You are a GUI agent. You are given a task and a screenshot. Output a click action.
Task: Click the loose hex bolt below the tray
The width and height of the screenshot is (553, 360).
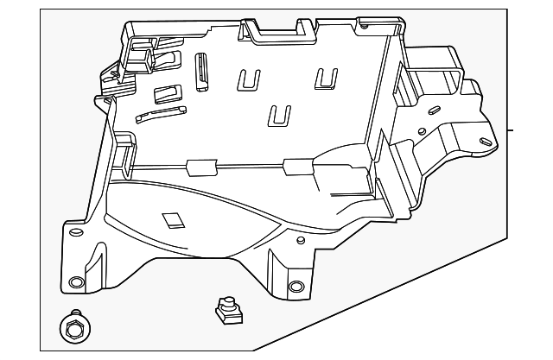(x=73, y=328)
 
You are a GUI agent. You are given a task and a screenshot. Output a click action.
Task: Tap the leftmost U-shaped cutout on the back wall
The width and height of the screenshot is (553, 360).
(x=249, y=79)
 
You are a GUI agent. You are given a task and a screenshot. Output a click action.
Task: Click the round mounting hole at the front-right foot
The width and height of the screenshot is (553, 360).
(x=296, y=287)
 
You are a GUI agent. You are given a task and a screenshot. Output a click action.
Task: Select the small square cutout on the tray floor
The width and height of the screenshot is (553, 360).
(x=174, y=220)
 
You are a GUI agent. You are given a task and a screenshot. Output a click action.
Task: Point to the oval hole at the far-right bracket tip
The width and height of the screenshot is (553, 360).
(x=486, y=142)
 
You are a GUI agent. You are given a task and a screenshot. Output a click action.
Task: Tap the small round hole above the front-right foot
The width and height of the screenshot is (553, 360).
(x=299, y=239)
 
